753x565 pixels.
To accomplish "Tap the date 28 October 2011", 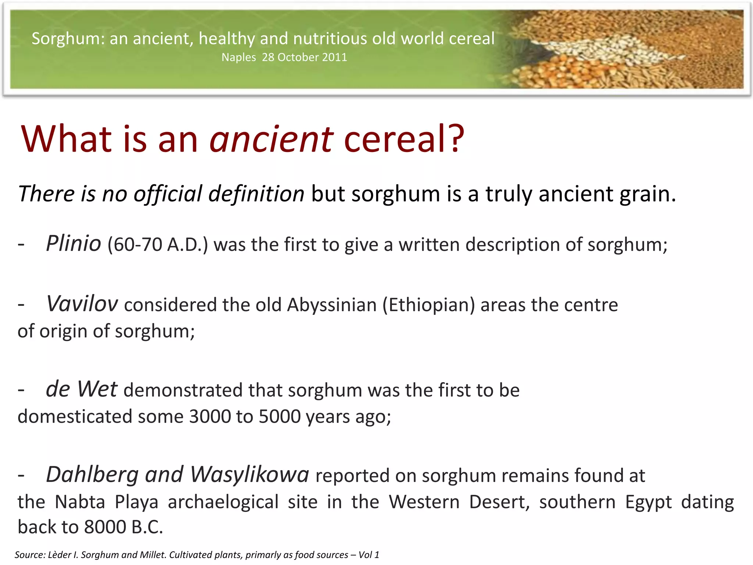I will pos(304,57).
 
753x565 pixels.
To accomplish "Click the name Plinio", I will pos(74,244).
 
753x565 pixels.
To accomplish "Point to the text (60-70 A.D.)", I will pos(158,245).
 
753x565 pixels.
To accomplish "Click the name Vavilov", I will pos(82,304).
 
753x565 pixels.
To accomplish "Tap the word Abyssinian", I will pos(332,305).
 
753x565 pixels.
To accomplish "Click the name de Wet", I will pos(81,389).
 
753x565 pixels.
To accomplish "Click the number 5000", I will pos(279,417).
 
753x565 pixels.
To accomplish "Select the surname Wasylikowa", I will pos(250,475).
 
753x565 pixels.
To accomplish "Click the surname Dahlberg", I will pos(92,475).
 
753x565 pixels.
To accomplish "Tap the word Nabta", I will pos(80,502).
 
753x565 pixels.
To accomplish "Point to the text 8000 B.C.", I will pos(124,527).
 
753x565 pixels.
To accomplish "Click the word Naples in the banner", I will pos(239,58).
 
